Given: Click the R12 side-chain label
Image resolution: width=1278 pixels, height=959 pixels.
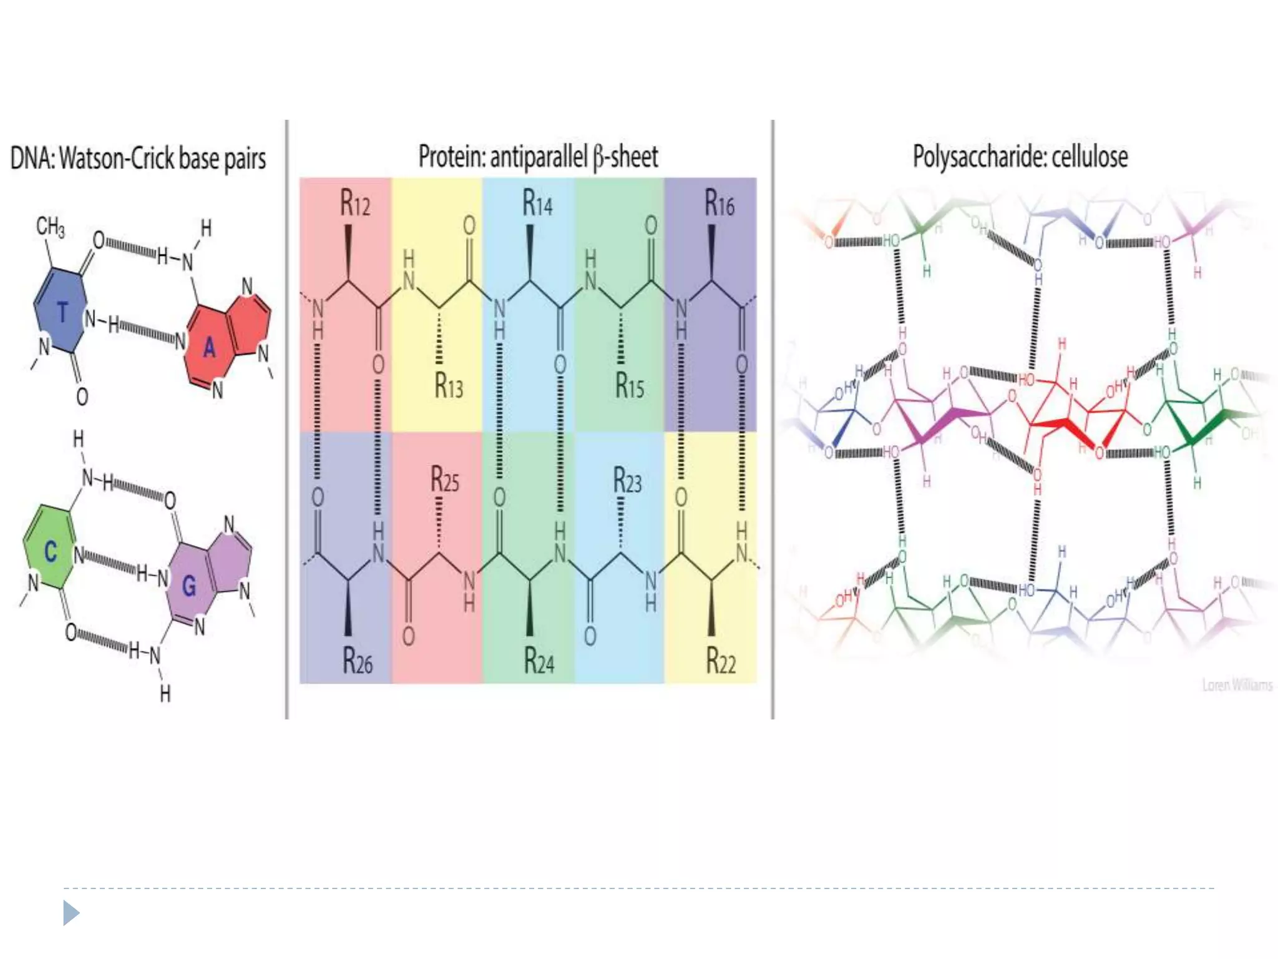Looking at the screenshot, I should click(x=355, y=204).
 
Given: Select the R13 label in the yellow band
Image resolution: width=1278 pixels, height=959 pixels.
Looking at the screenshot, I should click(x=449, y=385).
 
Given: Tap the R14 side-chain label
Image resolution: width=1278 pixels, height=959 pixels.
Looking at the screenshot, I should click(x=537, y=204).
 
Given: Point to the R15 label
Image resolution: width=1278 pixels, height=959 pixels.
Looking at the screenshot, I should click(x=630, y=385).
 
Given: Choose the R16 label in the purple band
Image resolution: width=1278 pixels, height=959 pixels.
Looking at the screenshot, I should click(x=719, y=204).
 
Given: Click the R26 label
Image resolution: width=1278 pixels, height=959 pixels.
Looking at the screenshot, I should click(x=358, y=661).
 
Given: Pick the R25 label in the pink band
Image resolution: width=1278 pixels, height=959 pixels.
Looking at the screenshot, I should click(x=445, y=480).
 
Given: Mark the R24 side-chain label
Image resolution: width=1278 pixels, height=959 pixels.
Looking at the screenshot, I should click(x=539, y=661).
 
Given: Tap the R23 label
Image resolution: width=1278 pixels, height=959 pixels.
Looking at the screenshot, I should click(x=627, y=480).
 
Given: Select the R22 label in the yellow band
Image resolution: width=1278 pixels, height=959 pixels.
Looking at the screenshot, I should click(x=721, y=661).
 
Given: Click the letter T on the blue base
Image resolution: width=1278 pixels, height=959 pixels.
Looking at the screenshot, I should click(x=62, y=312).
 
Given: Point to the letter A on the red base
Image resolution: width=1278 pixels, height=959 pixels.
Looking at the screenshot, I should click(x=210, y=347).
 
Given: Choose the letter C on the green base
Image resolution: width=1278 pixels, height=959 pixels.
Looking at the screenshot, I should click(x=51, y=551).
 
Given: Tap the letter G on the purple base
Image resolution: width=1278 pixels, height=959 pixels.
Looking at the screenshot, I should click(x=189, y=586).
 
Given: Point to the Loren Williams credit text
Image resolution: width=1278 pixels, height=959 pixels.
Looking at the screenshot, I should click(x=1237, y=686).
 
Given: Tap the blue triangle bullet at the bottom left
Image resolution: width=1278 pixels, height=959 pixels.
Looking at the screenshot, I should click(x=71, y=913).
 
